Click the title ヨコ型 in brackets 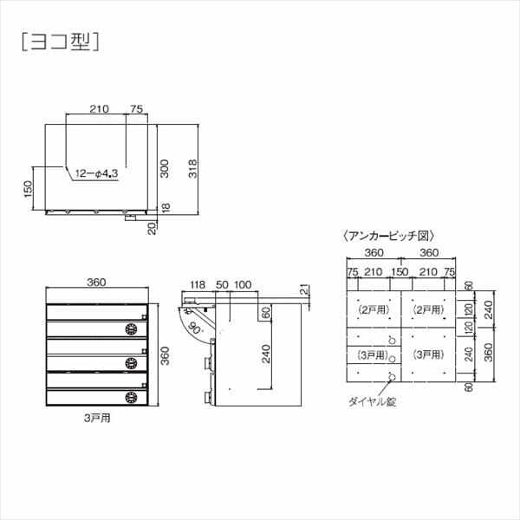(59, 42)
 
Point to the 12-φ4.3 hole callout (96, 173)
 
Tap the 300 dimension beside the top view (165, 169)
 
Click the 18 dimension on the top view (165, 208)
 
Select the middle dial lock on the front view (133, 362)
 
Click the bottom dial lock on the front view (133, 396)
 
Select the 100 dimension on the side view (243, 284)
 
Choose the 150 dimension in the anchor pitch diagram (399, 273)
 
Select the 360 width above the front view (96, 282)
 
